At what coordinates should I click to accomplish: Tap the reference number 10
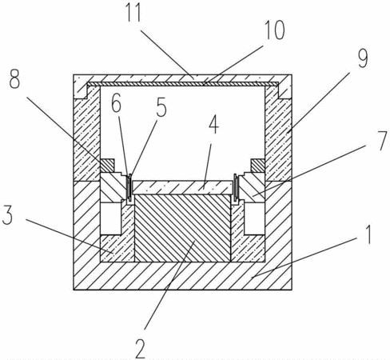tap(275, 30)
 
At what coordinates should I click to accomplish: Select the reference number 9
tap(362, 59)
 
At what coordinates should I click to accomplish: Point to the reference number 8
tap(14, 79)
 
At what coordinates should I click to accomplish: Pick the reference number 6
tap(117, 105)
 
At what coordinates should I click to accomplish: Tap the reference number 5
tap(161, 107)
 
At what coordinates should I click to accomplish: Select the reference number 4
tap(213, 125)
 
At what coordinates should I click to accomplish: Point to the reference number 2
tap(141, 349)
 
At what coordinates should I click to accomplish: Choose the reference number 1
tap(368, 234)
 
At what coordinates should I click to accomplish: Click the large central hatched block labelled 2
tap(182, 228)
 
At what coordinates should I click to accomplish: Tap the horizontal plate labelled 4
tap(181, 188)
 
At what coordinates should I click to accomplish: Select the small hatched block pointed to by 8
tap(107, 166)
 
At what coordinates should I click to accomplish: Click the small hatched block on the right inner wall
tap(257, 166)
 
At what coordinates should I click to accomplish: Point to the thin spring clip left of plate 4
tap(129, 187)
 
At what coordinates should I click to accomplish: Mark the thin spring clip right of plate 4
tap(236, 187)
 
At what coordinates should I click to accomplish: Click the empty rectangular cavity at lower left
tap(111, 219)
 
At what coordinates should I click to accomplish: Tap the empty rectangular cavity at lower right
tap(254, 219)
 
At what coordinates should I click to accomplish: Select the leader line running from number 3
tap(70, 235)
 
